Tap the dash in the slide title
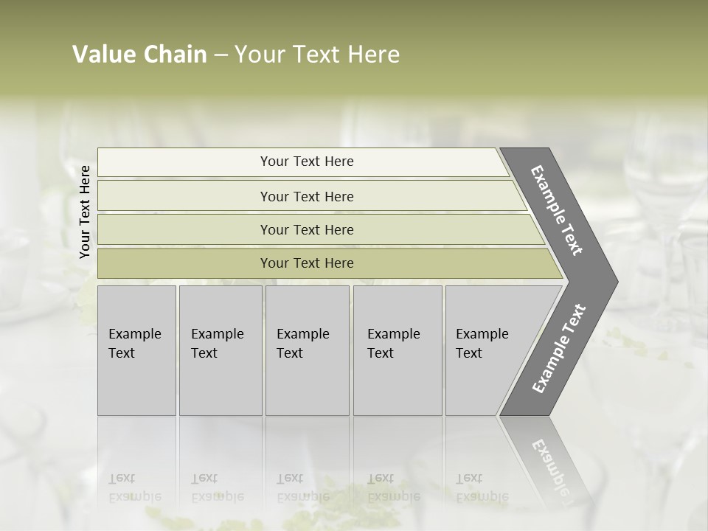coord(221,55)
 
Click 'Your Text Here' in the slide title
coord(317,55)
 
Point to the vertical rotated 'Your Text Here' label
coord(85,212)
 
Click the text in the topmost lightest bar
coord(307,162)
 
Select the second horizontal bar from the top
coord(307,196)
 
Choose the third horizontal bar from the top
coord(307,229)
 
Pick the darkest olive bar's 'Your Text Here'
coord(307,263)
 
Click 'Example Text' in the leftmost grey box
coord(134,344)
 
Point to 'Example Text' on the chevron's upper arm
coord(557,210)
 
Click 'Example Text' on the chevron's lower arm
coord(558,348)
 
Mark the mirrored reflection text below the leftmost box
coord(134,487)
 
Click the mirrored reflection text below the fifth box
coord(482,487)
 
